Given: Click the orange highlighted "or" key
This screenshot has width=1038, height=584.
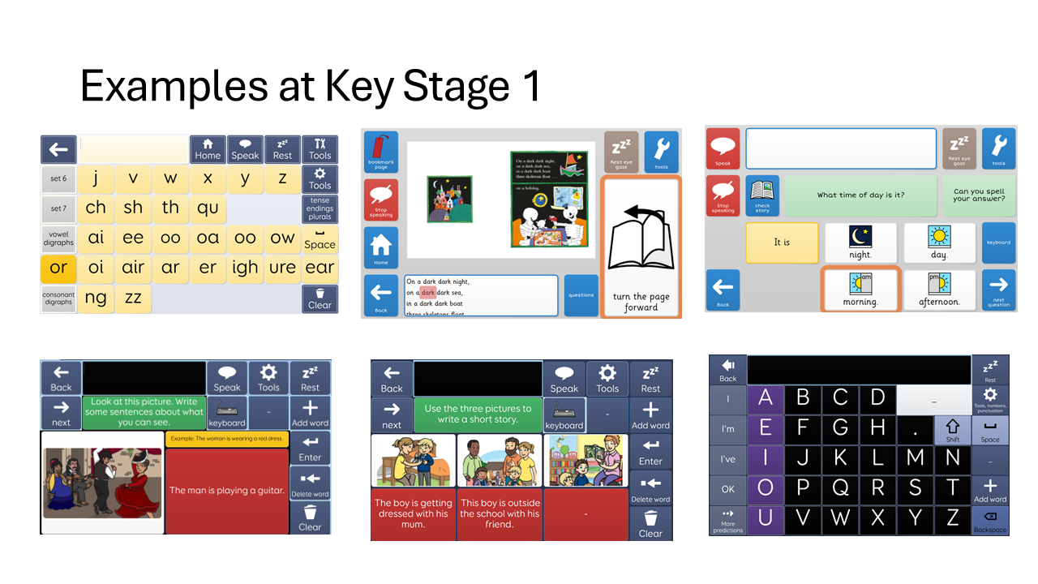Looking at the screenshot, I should (58, 268).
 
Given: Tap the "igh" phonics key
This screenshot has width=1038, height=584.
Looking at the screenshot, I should (245, 268).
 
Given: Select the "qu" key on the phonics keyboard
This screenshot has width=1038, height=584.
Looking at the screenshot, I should (208, 208).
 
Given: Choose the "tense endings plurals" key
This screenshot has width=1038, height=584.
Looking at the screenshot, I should (320, 208).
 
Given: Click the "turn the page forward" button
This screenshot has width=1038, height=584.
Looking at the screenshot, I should (641, 247).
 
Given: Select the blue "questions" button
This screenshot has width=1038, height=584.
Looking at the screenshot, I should (581, 295).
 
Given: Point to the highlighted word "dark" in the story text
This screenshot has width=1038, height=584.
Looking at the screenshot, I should (428, 293).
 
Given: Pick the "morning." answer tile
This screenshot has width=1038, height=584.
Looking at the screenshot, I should (860, 289).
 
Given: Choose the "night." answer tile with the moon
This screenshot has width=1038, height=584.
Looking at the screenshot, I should (860, 242).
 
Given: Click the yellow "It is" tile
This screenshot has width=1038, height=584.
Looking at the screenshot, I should (782, 243).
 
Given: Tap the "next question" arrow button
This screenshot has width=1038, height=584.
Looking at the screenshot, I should (998, 290).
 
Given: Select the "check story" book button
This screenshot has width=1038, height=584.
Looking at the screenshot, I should (762, 195).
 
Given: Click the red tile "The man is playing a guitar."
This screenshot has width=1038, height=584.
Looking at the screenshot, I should (226, 490).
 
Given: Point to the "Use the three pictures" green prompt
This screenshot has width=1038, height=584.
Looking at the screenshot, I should (478, 414).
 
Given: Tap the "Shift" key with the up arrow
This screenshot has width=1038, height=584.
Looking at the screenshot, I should (952, 430).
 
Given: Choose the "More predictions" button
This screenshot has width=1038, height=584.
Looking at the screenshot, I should (727, 521).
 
